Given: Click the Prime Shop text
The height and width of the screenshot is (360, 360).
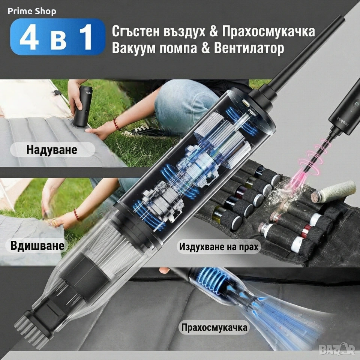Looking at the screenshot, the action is [x=32, y=11].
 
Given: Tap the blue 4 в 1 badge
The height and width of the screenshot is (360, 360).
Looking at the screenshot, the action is [x=58, y=37].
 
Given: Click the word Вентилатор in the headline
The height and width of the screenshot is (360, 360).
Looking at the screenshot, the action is [x=249, y=48].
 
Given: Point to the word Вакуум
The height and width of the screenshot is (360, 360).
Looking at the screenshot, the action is [x=134, y=48].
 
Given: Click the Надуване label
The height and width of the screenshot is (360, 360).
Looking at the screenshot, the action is [x=52, y=150].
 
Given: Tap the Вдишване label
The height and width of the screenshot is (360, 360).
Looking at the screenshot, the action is [x=37, y=245].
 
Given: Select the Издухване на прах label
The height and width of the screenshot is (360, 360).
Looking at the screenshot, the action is [x=219, y=247].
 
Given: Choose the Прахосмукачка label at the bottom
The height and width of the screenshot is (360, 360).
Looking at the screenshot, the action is [x=214, y=327].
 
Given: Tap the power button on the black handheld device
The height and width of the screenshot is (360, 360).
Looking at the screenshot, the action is [x=357, y=103].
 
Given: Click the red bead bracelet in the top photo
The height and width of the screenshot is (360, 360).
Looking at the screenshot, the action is [x=117, y=124].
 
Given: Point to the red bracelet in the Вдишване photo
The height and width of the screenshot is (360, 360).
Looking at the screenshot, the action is [x=77, y=214].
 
